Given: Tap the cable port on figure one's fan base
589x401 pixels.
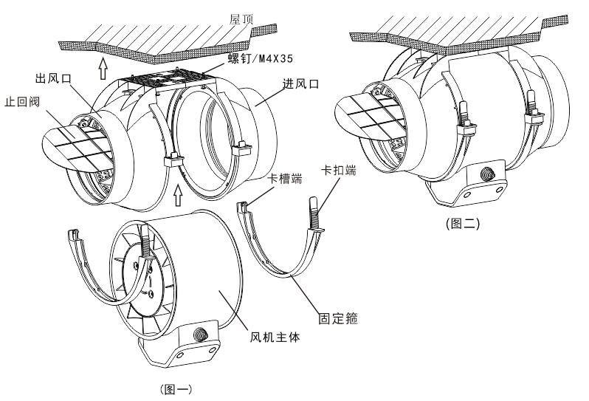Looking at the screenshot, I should click(199, 334).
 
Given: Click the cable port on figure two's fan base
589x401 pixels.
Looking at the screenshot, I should click(486, 176).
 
